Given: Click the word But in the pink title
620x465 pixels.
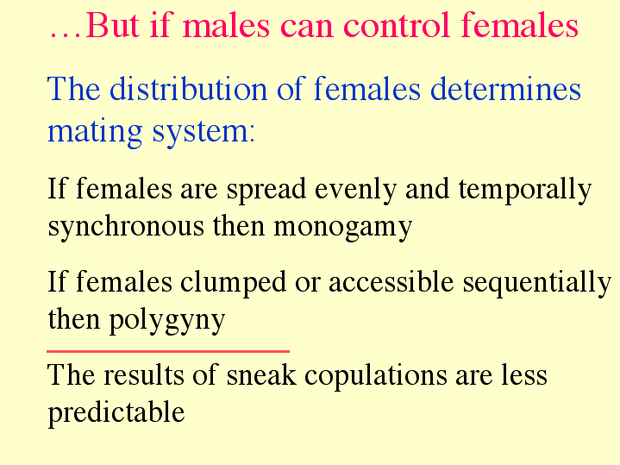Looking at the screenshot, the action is pos(113,25).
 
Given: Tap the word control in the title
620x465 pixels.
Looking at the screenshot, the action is pos(397,24).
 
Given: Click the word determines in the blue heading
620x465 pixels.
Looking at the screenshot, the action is pos(505,88).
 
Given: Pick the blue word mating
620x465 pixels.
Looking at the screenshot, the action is pos(95,132).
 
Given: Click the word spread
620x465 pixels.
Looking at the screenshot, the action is pos(266,189).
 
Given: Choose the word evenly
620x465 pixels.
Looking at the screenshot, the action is pos(355,190).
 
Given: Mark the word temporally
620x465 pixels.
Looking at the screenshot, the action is pos(525,190).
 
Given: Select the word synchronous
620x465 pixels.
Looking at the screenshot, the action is pos(126,227).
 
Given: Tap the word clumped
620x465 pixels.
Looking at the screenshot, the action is pos(233,283).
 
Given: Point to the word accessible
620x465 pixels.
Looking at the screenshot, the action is pos(391,281).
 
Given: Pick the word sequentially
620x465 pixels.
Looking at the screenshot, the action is pos(537,283).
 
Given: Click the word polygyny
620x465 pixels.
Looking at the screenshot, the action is pos(167,320).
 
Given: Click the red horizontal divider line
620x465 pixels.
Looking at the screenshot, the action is pos(168,351).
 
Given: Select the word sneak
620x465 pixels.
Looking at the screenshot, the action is pos(261,374).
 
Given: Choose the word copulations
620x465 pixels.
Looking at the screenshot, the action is pos(375,375).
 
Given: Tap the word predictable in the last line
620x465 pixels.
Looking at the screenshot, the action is pos(116,412).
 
